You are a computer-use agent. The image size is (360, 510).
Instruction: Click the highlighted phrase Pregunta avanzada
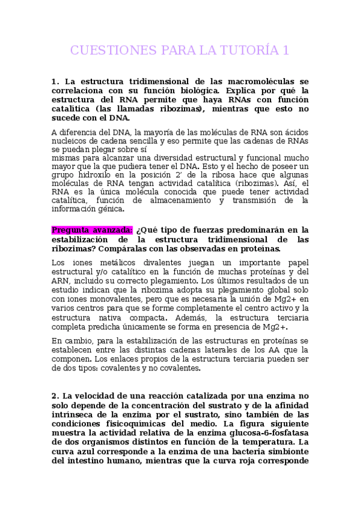92,230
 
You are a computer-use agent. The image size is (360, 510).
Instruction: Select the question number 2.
54,396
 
